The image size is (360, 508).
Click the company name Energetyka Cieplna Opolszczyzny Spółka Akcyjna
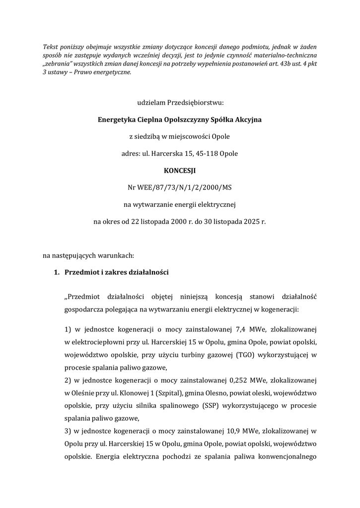(180, 120)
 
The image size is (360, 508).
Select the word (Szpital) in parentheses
(169, 393)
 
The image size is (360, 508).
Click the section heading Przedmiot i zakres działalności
(117, 272)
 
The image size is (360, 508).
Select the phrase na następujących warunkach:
(88, 255)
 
